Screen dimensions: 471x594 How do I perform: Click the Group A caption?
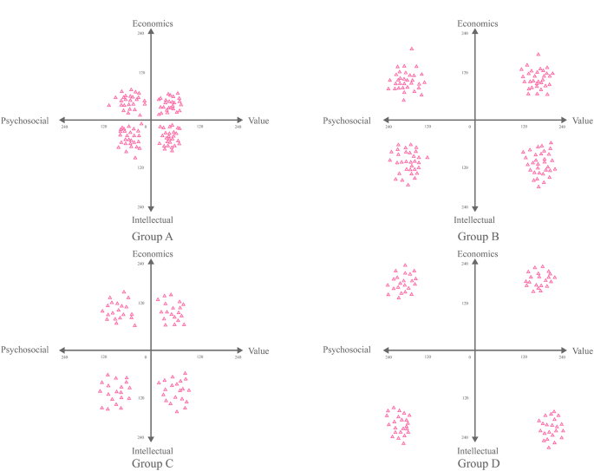coord(153,235)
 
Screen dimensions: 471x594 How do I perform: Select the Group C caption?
coord(153,464)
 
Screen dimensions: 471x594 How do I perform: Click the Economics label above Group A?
coord(153,23)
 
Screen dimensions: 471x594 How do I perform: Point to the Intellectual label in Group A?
coord(153,220)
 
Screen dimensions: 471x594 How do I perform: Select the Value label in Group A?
coord(258,121)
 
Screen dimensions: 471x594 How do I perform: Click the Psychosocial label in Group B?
coord(349,121)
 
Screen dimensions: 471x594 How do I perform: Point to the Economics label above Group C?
coord(153,253)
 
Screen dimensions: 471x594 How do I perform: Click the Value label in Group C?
coord(258,350)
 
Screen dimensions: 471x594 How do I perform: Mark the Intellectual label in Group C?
coord(153,451)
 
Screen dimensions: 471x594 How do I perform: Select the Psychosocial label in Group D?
coord(349,350)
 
